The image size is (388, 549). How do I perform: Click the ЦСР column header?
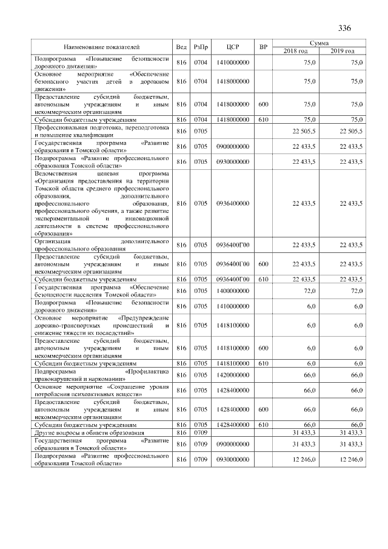pos(233,47)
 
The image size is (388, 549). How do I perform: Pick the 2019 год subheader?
pos(343,50)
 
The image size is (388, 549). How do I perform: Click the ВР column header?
pos(263,47)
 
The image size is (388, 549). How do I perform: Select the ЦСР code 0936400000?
pos(233,203)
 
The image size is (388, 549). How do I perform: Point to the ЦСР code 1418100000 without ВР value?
pos(233,325)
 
